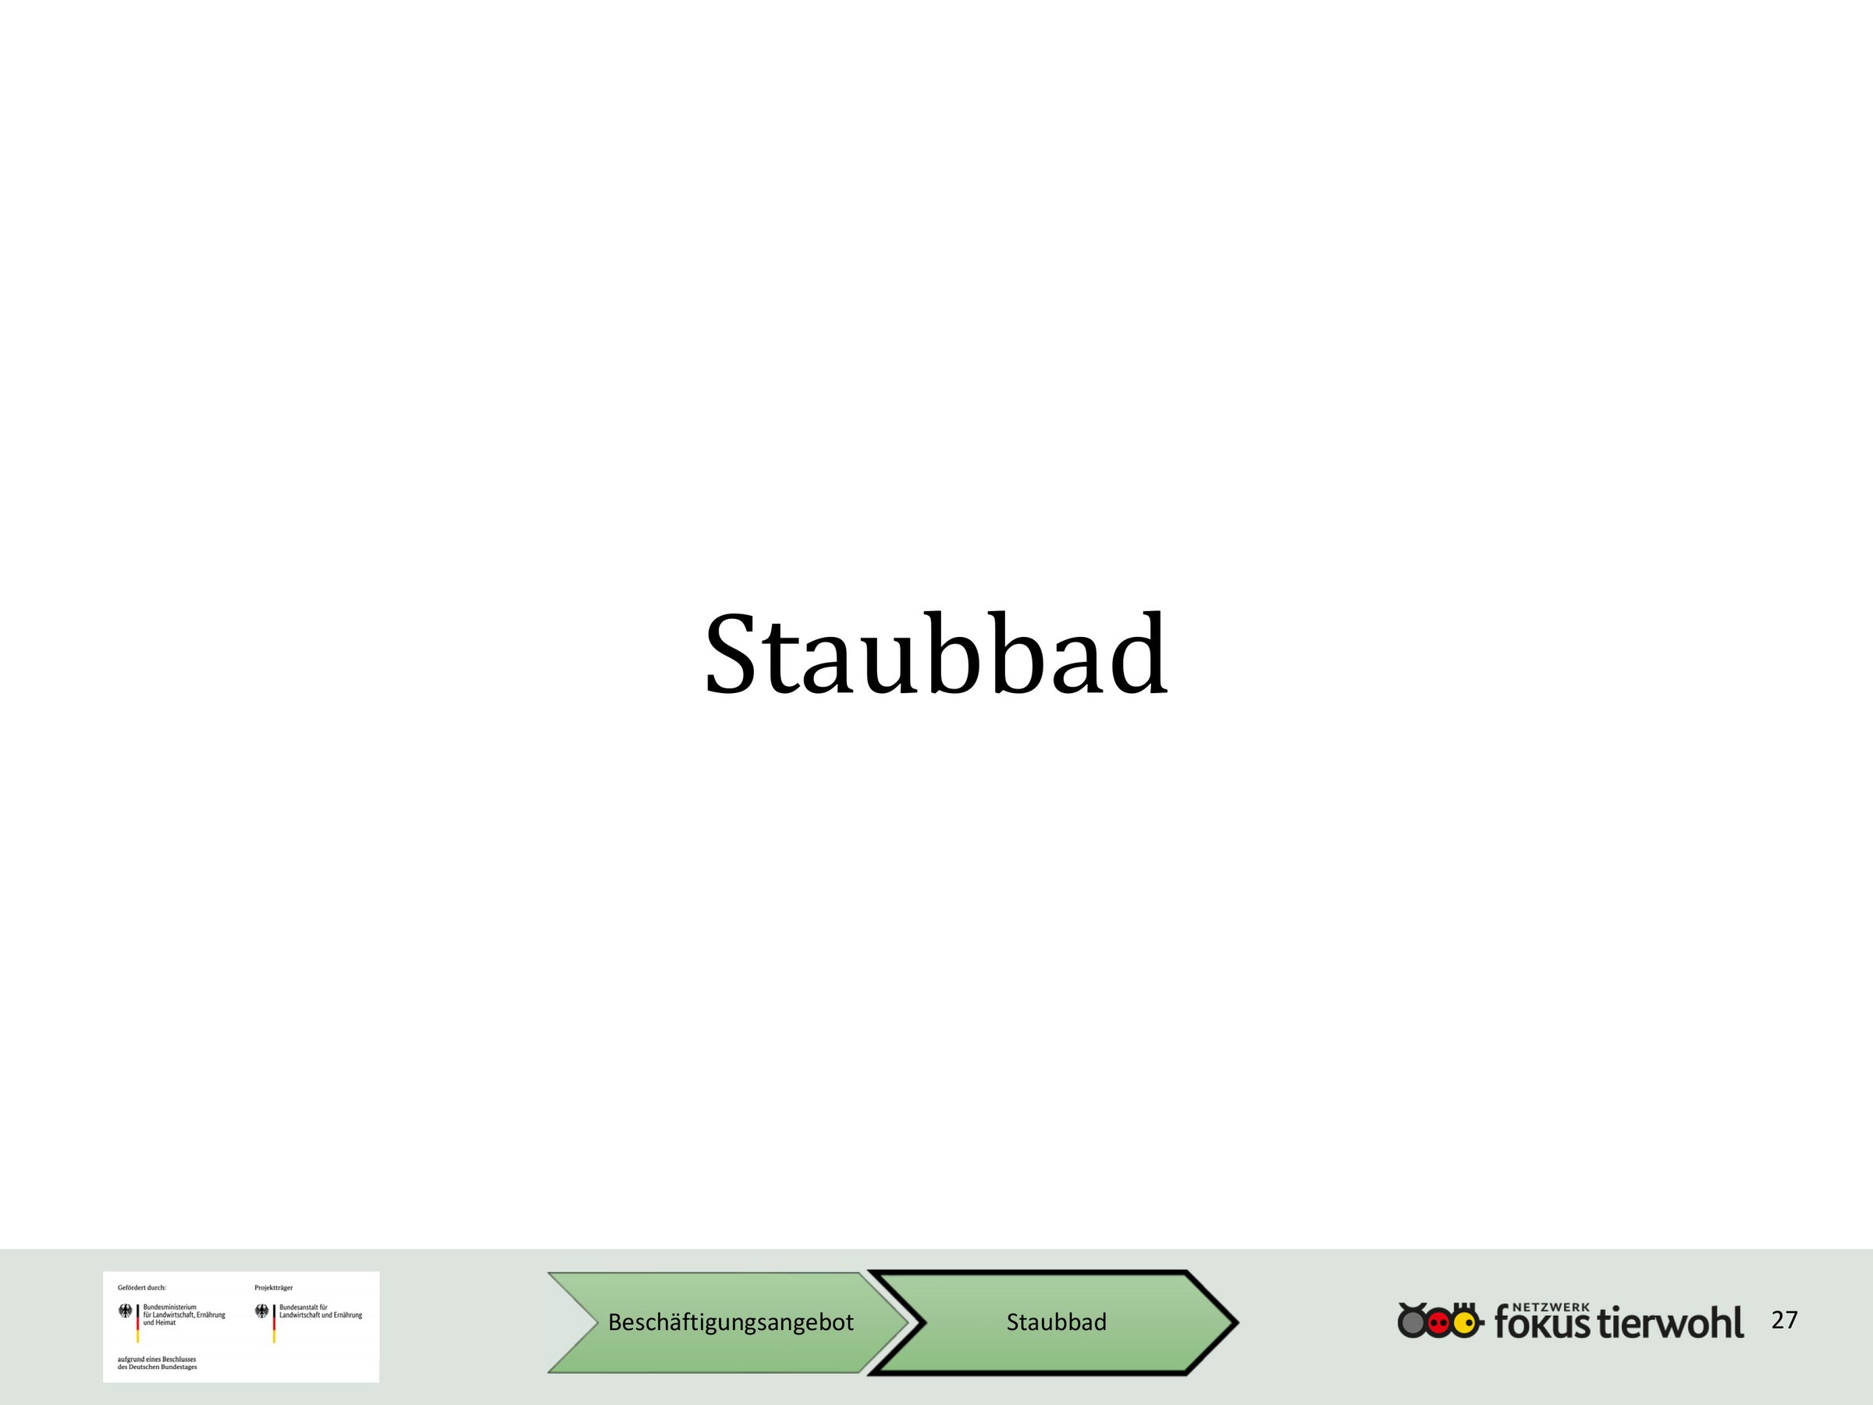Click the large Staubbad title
[936, 654]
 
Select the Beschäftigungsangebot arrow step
[728, 1322]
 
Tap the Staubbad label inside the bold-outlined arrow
[1056, 1322]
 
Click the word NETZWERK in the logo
[1551, 1307]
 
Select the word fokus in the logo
[1542, 1324]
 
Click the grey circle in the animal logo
[1412, 1322]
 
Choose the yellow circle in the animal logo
[1464, 1322]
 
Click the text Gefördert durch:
[141, 1287]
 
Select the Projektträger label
[273, 1287]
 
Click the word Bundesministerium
[169, 1307]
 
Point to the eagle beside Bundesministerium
[126, 1311]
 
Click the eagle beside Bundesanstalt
[261, 1311]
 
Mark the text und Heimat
[159, 1322]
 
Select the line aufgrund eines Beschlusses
[157, 1358]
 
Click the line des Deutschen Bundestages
[158, 1367]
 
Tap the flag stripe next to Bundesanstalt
[273, 1324]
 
